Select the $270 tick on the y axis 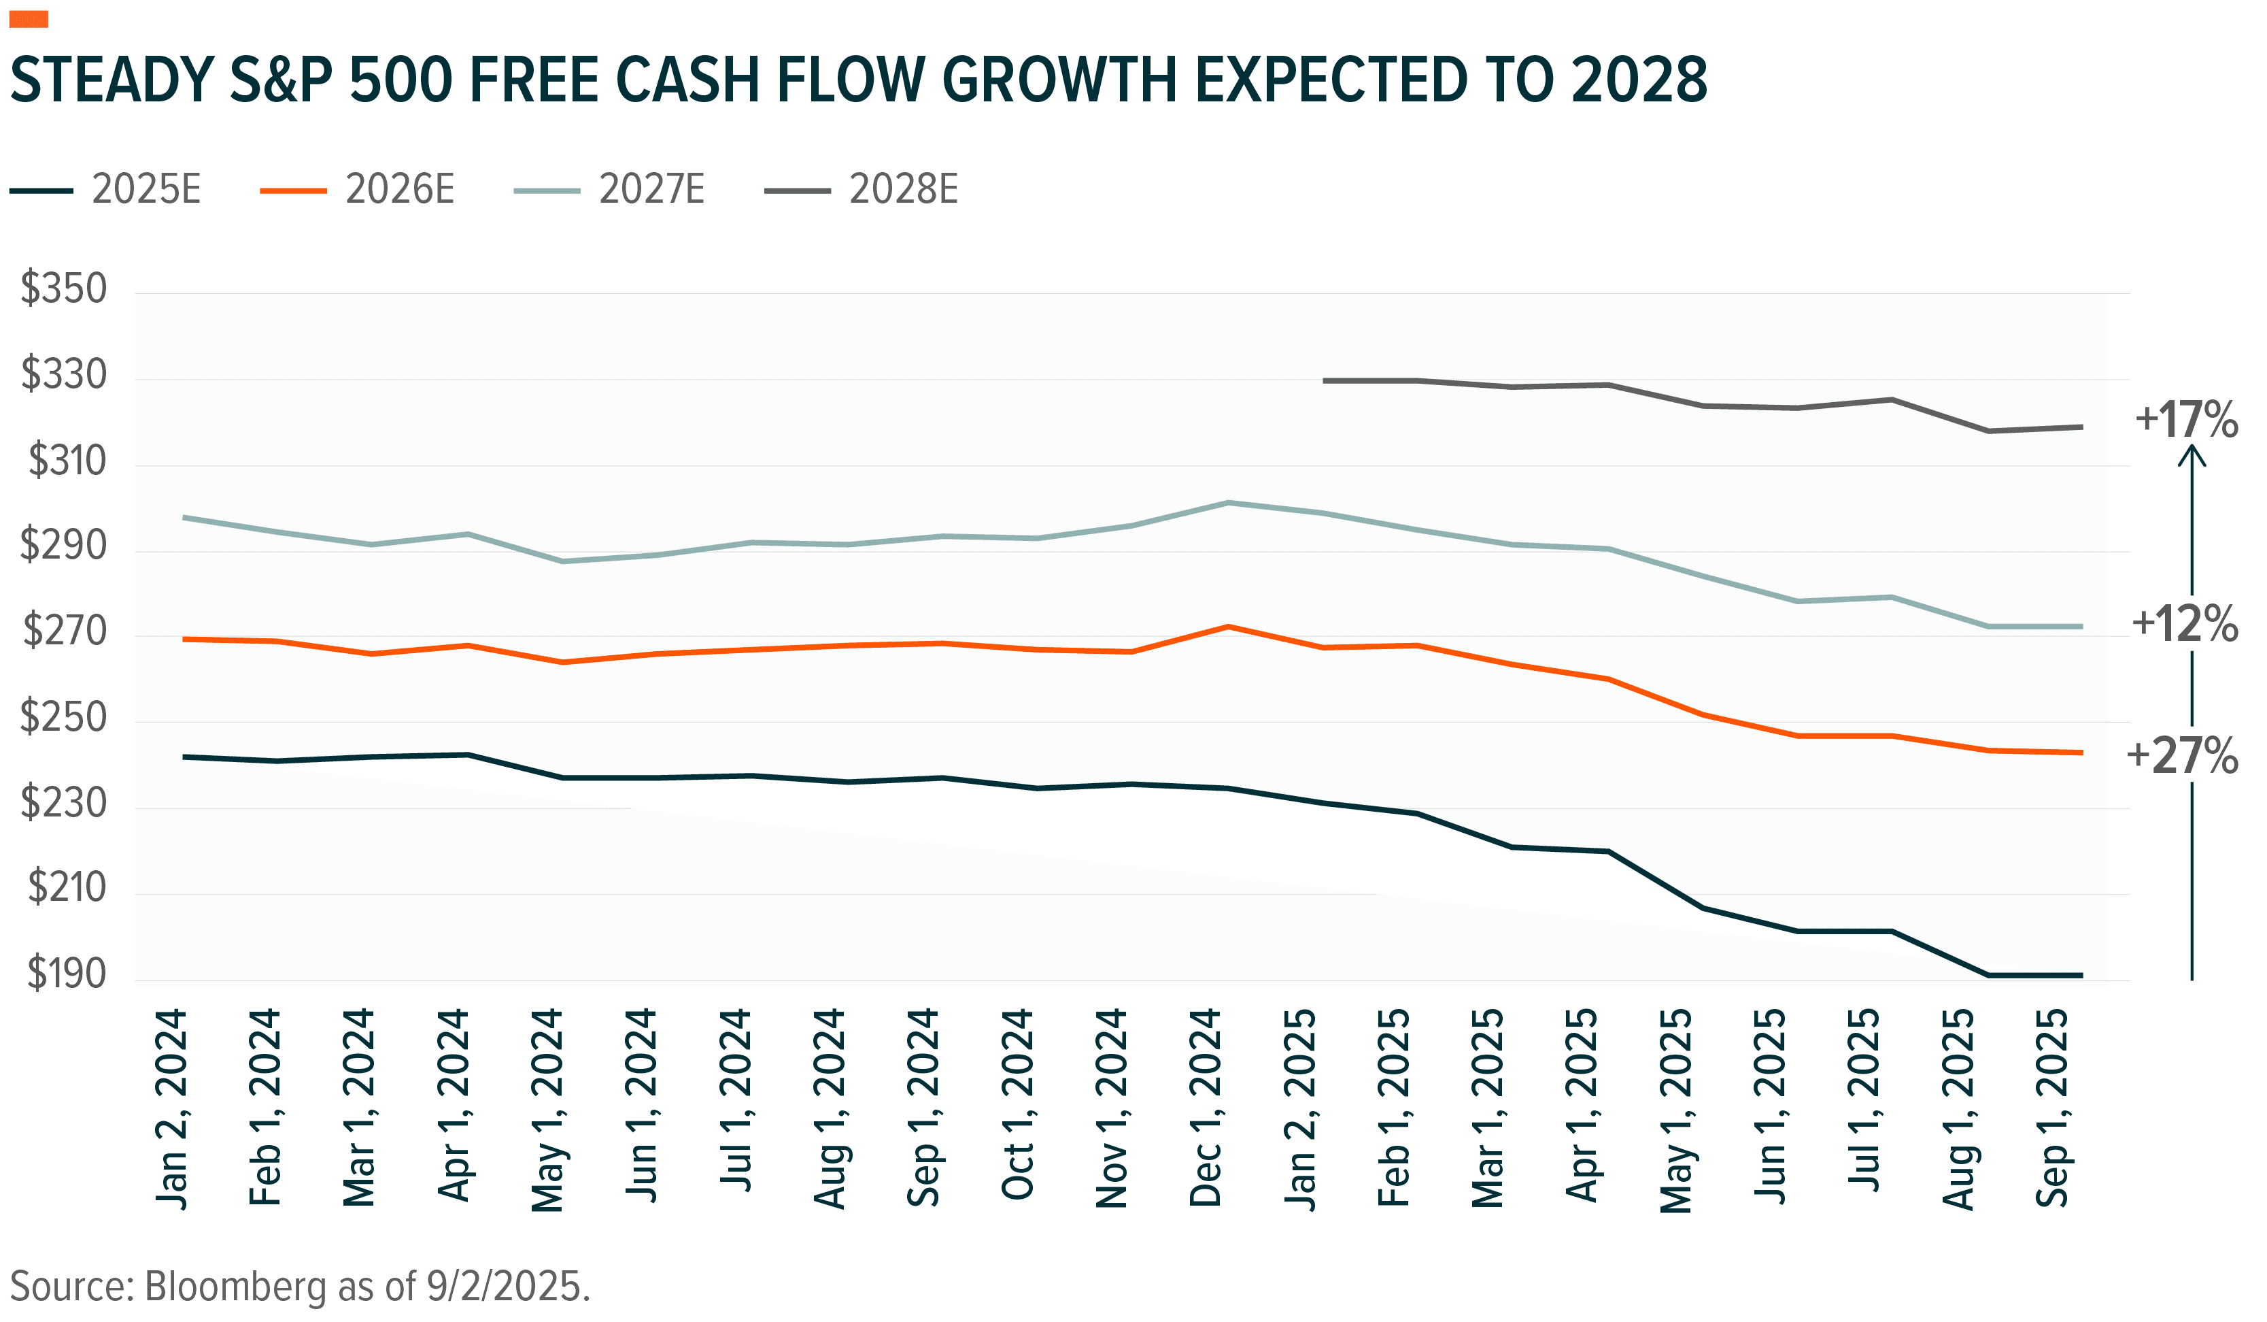64,631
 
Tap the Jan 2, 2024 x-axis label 171,1109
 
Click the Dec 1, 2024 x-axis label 1205,1109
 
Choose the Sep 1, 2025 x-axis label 2053,1109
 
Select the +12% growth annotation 2184,624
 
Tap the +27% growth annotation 2181,756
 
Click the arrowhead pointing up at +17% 2192,457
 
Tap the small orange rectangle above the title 29,20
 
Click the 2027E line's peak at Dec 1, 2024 1228,502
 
